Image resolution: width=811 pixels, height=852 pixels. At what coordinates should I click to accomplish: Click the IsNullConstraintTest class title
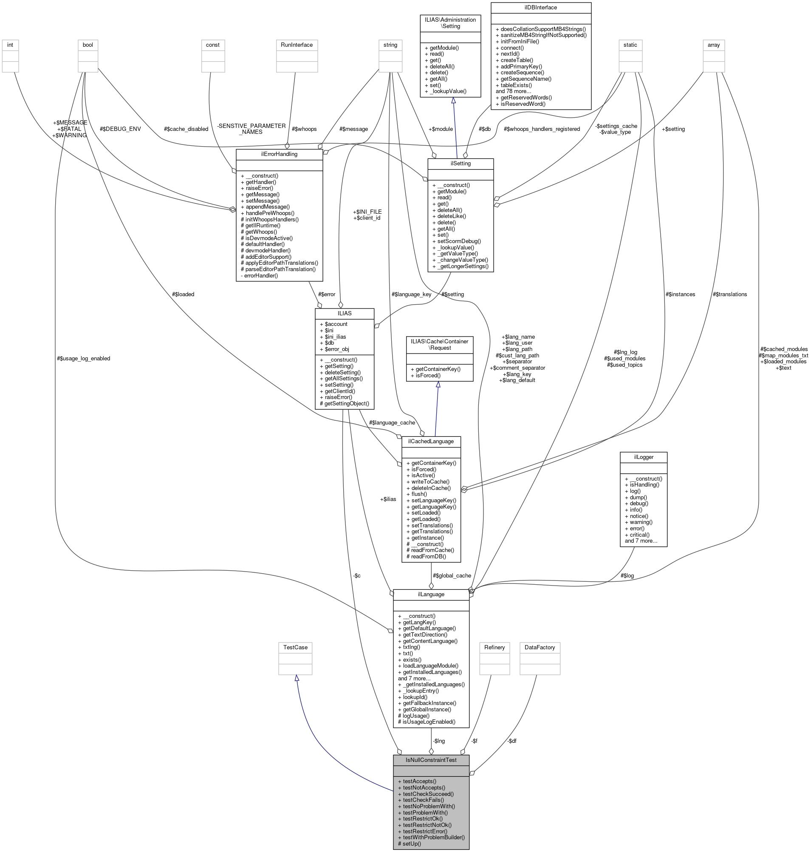point(431,760)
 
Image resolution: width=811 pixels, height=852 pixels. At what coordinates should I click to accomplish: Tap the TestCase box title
point(295,648)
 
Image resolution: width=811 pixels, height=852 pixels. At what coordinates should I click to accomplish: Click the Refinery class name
point(495,648)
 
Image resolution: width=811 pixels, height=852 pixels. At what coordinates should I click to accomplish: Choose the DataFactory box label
point(540,648)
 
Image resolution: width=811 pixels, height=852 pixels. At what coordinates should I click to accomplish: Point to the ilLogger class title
point(643,457)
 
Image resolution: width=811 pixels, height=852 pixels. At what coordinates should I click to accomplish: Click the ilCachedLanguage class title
point(431,441)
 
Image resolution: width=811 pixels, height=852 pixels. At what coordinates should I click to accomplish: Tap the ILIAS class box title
point(344,313)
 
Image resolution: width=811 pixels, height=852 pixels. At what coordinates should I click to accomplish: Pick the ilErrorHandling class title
point(279,154)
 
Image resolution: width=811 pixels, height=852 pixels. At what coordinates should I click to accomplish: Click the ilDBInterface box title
point(540,7)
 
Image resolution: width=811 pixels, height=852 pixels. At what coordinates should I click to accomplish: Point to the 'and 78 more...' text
point(513,91)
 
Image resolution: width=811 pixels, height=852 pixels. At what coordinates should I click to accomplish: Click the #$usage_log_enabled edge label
point(83,358)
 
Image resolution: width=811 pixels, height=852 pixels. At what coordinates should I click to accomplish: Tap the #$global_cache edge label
point(452,576)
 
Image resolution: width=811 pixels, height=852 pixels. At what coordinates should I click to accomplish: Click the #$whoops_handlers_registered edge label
point(542,129)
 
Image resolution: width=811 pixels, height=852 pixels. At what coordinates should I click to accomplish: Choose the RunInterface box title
point(297,45)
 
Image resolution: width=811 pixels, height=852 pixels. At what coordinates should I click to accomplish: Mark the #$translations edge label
point(730,294)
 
